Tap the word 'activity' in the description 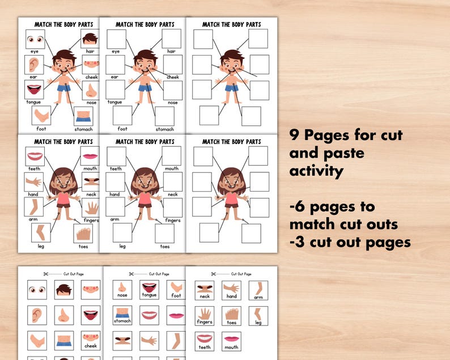(316, 171)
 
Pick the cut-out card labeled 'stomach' (122, 315)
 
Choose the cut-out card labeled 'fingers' (205, 315)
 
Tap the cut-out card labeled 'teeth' (205, 341)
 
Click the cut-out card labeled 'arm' (258, 290)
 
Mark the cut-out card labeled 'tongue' (149, 290)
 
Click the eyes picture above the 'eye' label (35, 39)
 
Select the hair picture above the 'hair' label (90, 39)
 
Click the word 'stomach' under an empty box (164, 129)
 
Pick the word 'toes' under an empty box (164, 247)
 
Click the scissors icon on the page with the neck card (213, 274)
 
